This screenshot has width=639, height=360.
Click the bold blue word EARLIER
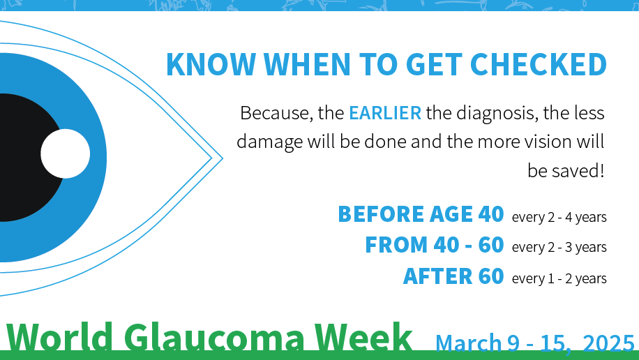[385, 112]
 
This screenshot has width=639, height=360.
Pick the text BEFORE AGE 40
[420, 214]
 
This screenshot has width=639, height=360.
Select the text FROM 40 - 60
[434, 245]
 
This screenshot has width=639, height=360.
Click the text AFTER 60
[453, 276]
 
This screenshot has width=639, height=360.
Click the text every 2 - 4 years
[559, 217]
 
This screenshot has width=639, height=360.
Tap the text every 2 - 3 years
[559, 248]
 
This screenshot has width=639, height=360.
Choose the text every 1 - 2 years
[559, 278]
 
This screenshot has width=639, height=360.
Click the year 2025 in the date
[608, 343]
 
